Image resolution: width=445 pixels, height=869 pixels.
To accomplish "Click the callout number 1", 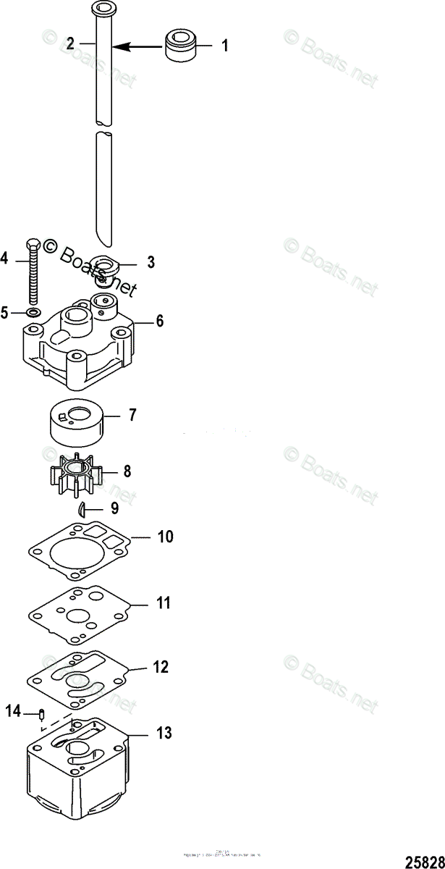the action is (x=224, y=46).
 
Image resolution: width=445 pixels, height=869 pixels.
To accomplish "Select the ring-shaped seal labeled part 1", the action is (x=183, y=45).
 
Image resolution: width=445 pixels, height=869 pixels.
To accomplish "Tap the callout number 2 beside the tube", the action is (x=70, y=44).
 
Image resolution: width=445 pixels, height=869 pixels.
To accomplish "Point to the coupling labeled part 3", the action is (x=109, y=269).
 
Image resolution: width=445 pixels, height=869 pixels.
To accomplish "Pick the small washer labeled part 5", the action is (x=33, y=313).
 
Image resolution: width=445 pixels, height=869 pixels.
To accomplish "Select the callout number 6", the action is (x=160, y=320).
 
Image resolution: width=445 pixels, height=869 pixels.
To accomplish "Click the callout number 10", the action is (x=166, y=537).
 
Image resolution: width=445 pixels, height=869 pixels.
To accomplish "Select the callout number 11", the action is (x=164, y=602).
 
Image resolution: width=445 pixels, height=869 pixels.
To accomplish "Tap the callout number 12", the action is (x=160, y=667).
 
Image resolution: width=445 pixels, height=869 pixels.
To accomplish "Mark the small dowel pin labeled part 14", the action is (x=42, y=715).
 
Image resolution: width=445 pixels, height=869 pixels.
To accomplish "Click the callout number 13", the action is (x=164, y=733).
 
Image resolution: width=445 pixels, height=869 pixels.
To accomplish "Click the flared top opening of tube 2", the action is (x=104, y=8).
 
